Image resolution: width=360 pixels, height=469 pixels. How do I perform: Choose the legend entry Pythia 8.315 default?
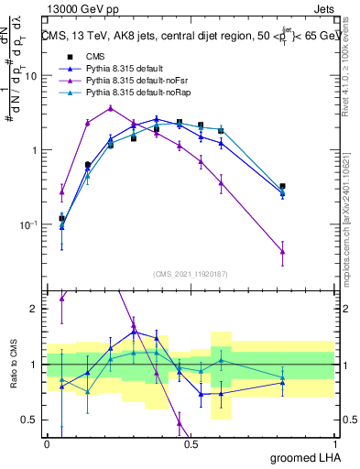[x=116, y=69]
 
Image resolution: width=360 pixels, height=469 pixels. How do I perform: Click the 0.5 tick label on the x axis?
[x=190, y=443]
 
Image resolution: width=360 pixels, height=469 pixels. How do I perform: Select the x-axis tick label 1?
[x=333, y=443]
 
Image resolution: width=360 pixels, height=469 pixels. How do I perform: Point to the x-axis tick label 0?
[x=47, y=443]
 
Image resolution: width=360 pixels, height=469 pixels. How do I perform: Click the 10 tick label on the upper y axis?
[x=30, y=76]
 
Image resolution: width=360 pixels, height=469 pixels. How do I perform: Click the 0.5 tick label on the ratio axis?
[x=29, y=421]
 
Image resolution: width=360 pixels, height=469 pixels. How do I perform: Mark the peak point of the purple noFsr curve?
[x=111, y=107]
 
